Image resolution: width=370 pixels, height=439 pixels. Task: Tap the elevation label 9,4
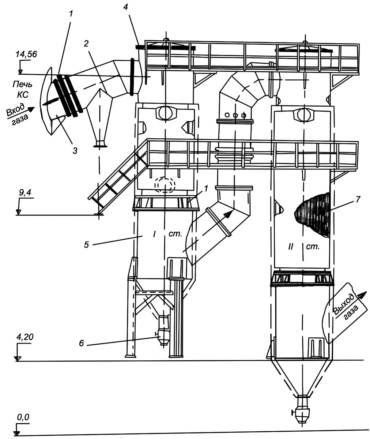coord(24,192)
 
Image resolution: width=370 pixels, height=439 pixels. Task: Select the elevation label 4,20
coord(24,337)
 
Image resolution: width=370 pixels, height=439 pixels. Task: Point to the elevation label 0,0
coord(23,417)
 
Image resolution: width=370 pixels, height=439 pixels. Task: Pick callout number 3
coord(75,150)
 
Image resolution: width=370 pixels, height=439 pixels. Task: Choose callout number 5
coord(86,244)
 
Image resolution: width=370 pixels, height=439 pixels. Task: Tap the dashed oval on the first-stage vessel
coord(165,185)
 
